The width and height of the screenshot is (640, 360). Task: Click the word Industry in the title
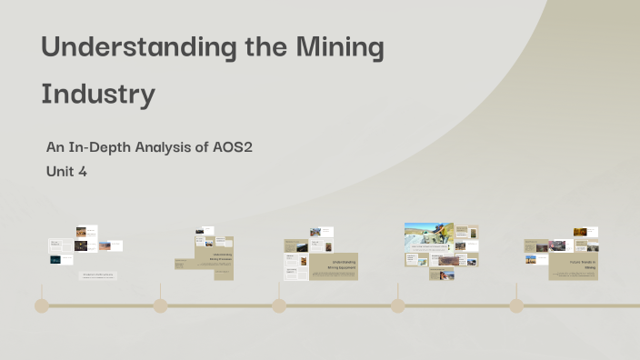tap(98, 94)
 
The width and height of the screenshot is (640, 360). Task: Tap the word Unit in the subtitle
tap(60, 170)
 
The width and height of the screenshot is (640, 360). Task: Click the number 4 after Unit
tap(83, 170)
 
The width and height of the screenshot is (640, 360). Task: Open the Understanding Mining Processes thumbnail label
tap(222, 256)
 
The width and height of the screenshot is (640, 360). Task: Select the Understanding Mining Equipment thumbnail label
tap(342, 265)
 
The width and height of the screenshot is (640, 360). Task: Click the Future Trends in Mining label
tap(582, 265)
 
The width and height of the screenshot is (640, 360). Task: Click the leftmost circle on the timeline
tap(42, 305)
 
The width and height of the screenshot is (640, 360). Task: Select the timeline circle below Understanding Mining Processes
tap(160, 305)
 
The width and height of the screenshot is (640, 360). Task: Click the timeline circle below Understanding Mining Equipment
tap(279, 305)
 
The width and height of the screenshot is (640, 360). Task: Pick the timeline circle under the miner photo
tap(397, 305)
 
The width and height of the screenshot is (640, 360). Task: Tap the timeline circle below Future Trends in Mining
tap(516, 305)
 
